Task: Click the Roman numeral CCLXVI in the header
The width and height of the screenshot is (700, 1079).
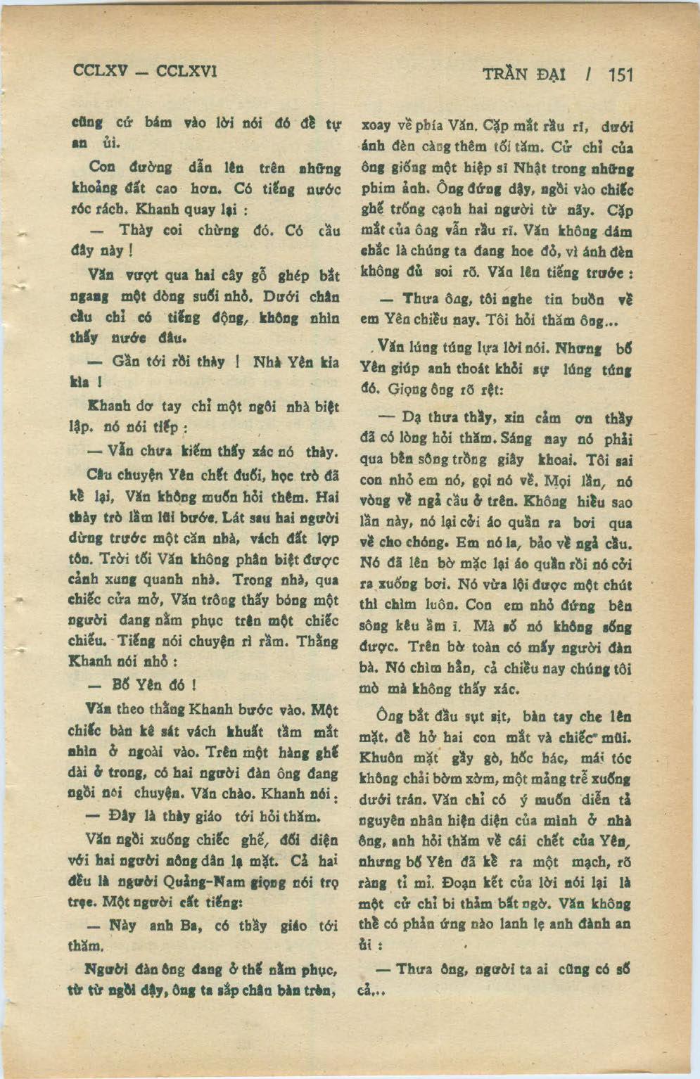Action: tap(186, 71)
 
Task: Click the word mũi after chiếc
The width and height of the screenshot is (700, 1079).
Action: tap(616, 738)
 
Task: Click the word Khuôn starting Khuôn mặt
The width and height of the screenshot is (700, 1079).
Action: tap(381, 758)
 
